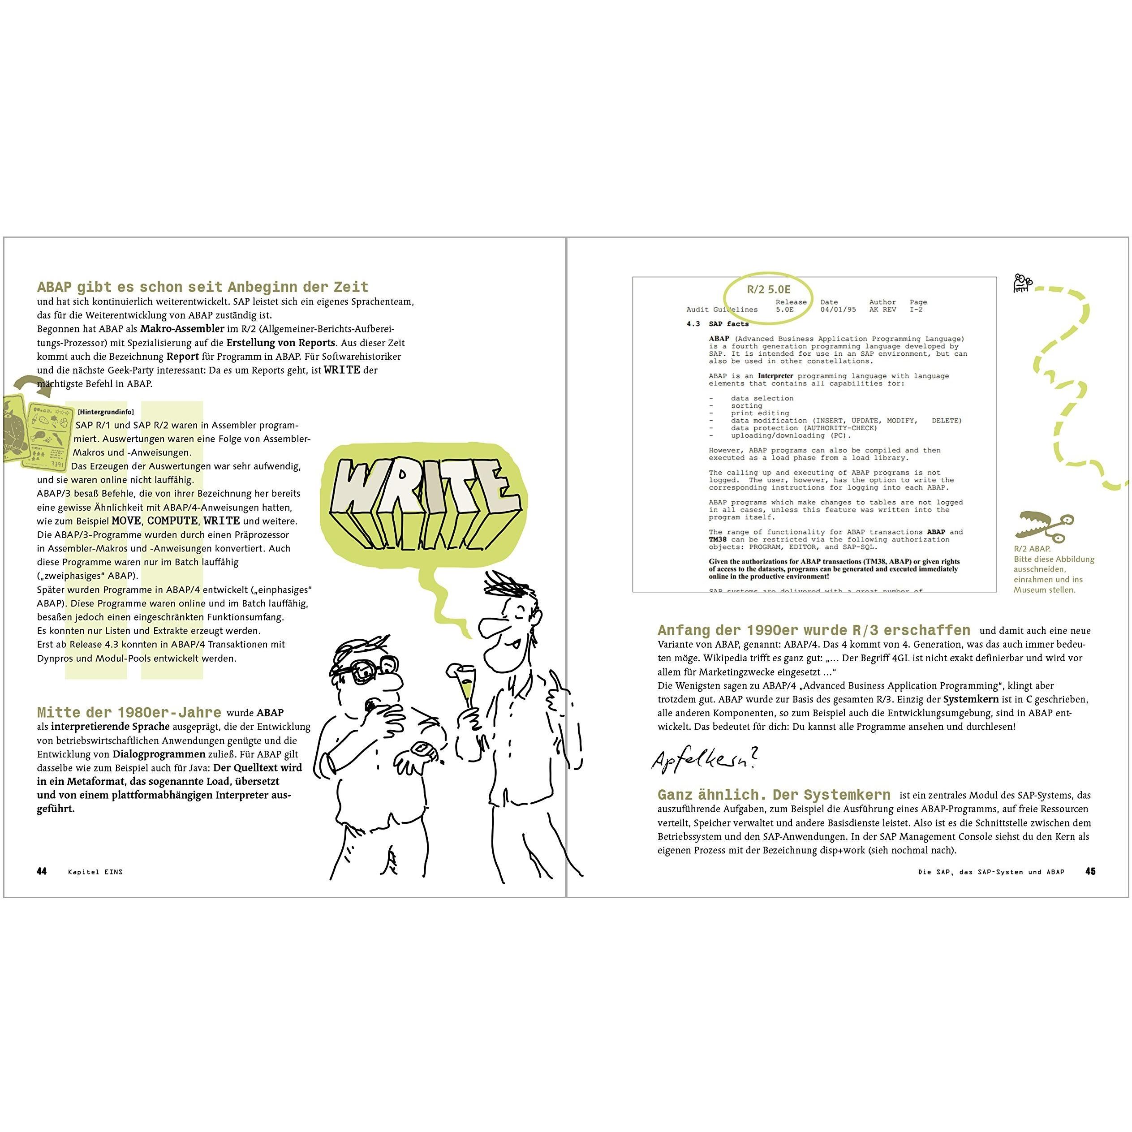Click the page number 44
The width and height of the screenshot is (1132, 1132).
point(42,871)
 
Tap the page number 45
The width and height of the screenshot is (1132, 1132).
point(1090,871)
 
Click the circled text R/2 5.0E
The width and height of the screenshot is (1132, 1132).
point(768,289)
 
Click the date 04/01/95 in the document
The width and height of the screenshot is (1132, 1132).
point(838,310)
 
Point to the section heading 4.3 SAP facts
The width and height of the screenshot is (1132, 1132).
point(718,324)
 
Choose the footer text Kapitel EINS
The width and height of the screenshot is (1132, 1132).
point(95,872)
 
